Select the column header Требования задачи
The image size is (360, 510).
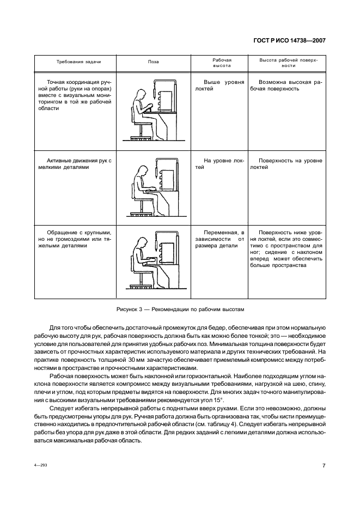(x=79, y=62)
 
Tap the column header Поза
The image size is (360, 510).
(x=154, y=62)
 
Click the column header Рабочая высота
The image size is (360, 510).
(x=222, y=62)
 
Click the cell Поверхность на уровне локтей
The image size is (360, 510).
(x=286, y=164)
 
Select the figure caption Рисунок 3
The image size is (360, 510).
(x=180, y=309)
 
